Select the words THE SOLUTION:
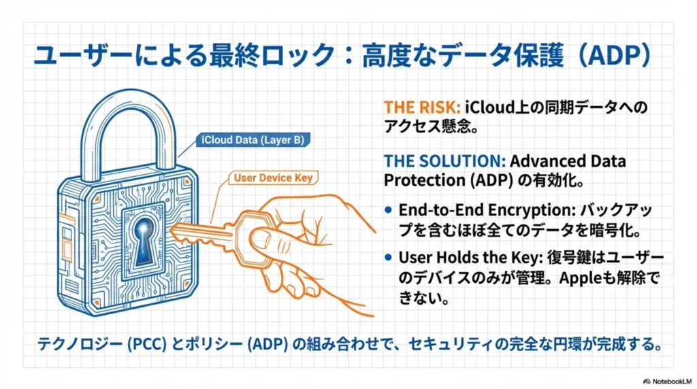pos(444,162)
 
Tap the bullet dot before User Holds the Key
pos(389,258)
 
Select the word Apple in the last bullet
pos(581,279)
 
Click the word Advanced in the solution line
pos(542,162)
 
